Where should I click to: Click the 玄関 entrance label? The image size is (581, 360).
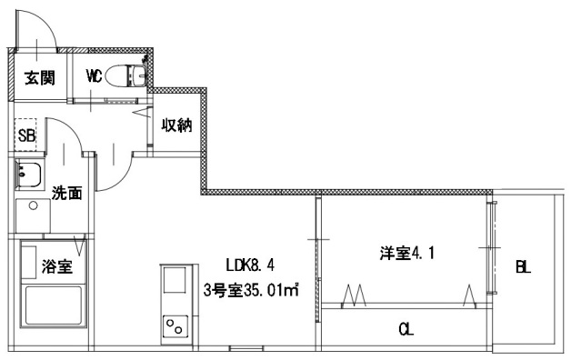click(37, 78)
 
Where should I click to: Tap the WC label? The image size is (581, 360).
click(94, 76)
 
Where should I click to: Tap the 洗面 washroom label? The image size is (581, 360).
click(66, 193)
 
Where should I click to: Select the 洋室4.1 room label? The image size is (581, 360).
click(406, 254)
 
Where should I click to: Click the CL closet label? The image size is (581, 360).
click(406, 329)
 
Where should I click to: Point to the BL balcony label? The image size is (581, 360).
click(523, 267)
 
